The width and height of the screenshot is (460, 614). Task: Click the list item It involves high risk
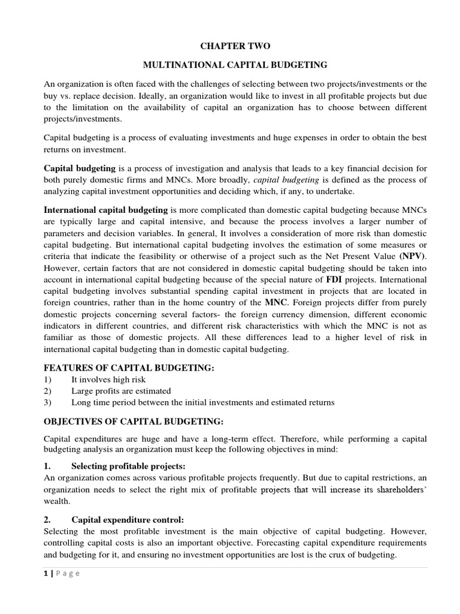[108, 380]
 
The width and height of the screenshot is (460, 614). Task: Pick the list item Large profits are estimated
[121, 391]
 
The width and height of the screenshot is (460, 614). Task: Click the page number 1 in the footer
[46, 573]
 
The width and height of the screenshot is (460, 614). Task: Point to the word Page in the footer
[68, 573]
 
